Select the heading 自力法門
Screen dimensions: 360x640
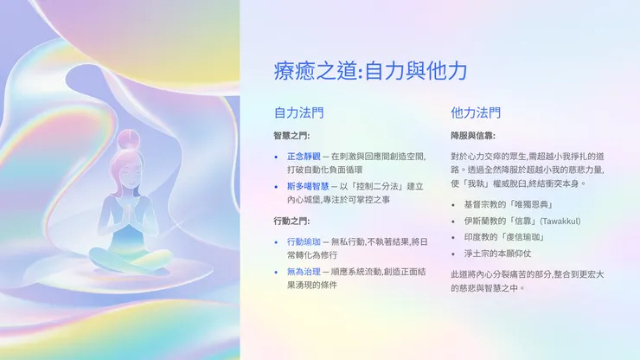click(x=299, y=113)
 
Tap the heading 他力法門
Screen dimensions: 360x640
click(x=476, y=113)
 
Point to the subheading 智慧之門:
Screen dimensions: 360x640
click(x=291, y=136)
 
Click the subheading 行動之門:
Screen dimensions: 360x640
click(x=291, y=221)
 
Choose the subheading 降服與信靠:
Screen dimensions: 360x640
click(x=472, y=136)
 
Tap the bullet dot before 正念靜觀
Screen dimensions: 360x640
click(x=276, y=157)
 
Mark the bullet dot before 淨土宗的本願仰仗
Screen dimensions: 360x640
click(x=454, y=254)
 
